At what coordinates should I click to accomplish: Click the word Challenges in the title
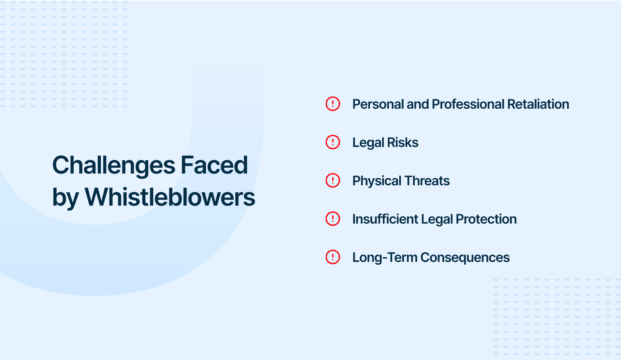(x=113, y=165)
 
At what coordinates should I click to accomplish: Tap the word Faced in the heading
(x=214, y=165)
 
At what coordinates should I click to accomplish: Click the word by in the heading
(x=65, y=198)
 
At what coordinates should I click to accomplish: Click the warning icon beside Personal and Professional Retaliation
(x=333, y=104)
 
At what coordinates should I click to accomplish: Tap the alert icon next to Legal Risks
(x=333, y=142)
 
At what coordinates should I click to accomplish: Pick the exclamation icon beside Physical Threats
(x=333, y=181)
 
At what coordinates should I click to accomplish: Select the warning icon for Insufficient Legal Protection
(x=333, y=219)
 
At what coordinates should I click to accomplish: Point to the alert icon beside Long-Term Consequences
(x=333, y=257)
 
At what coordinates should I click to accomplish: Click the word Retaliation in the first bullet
(x=538, y=104)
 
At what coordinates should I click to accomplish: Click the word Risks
(x=403, y=143)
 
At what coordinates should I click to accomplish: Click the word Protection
(x=486, y=219)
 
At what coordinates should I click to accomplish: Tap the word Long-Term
(x=385, y=258)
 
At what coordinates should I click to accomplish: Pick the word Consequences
(x=465, y=258)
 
